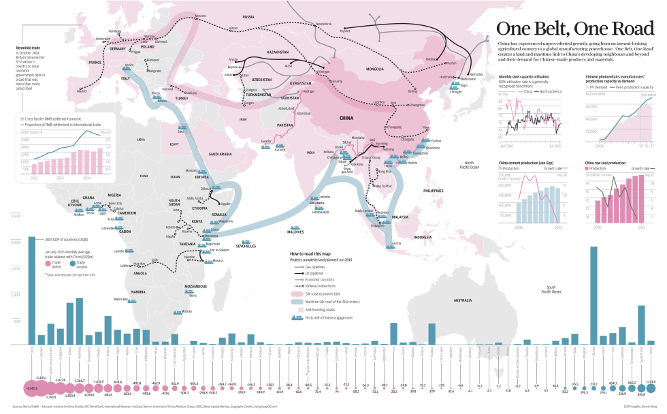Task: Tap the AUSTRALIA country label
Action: click(x=463, y=300)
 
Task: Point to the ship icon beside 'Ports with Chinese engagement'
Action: click(x=296, y=317)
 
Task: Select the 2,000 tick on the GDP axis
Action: click(x=15, y=242)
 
